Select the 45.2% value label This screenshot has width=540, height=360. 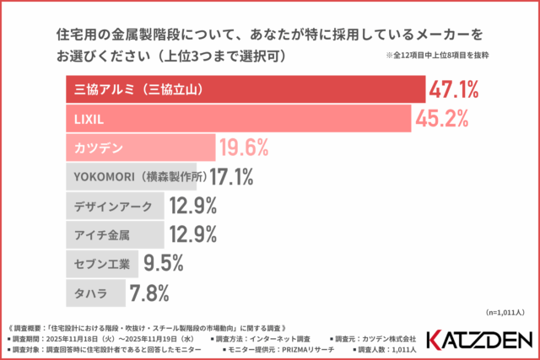(x=441, y=118)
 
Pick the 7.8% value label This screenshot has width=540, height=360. (x=148, y=293)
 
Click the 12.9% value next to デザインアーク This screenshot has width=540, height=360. (x=193, y=206)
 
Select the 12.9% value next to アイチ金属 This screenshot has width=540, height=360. (x=193, y=234)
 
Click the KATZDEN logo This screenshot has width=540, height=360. (x=478, y=339)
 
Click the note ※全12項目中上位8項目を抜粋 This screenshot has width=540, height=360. (x=437, y=56)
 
